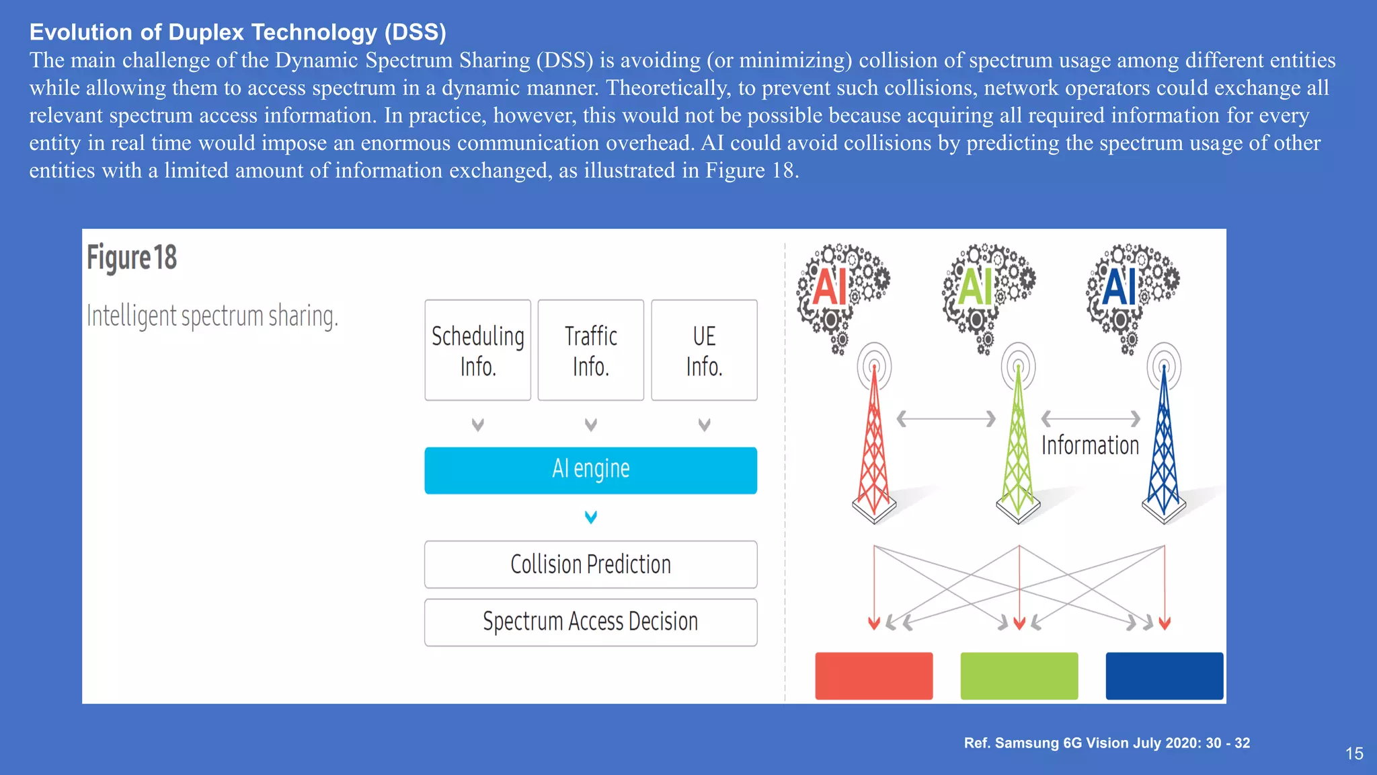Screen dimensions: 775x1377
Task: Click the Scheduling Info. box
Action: [477, 350]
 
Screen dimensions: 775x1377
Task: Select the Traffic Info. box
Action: [591, 350]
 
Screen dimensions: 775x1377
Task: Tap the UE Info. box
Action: [704, 350]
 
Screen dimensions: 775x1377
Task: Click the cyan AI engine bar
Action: [590, 470]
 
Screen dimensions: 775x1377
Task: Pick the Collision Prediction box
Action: [590, 564]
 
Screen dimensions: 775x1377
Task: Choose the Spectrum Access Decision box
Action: [590, 622]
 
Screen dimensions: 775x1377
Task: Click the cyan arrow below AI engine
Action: [591, 517]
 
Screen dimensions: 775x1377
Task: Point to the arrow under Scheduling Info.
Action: [478, 425]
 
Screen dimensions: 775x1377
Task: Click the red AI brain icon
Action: [840, 293]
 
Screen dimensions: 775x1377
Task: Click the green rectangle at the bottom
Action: [1019, 675]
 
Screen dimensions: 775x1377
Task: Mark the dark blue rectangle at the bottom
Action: [1164, 675]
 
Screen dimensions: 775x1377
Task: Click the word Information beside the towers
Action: [1090, 445]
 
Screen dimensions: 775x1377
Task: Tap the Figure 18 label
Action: [132, 258]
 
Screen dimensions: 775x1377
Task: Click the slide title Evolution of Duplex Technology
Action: [238, 32]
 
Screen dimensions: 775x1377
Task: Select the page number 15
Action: [1354, 753]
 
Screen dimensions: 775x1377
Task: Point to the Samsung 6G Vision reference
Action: [1107, 743]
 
